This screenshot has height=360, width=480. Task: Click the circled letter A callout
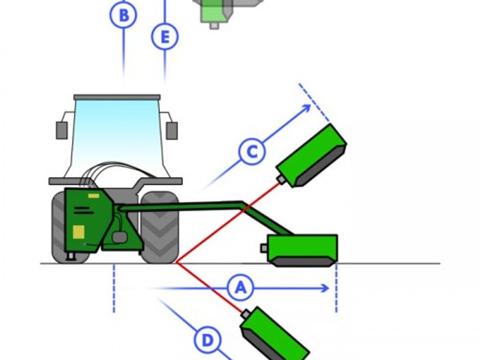241,288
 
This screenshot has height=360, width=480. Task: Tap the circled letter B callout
123,15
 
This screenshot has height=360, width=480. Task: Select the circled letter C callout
252,152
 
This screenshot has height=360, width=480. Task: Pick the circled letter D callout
207,340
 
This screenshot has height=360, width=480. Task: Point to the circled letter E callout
165,37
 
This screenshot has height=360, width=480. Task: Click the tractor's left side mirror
62,130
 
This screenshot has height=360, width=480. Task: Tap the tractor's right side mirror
172,130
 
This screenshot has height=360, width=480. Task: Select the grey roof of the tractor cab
117,97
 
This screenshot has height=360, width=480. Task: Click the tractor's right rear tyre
160,227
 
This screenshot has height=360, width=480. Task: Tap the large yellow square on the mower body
78,232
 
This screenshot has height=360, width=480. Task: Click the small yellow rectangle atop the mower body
93,196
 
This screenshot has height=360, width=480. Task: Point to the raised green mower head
311,156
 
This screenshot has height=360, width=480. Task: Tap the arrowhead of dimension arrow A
326,288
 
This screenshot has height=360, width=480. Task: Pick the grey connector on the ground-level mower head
264,248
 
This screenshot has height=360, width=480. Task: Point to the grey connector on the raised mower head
281,179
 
